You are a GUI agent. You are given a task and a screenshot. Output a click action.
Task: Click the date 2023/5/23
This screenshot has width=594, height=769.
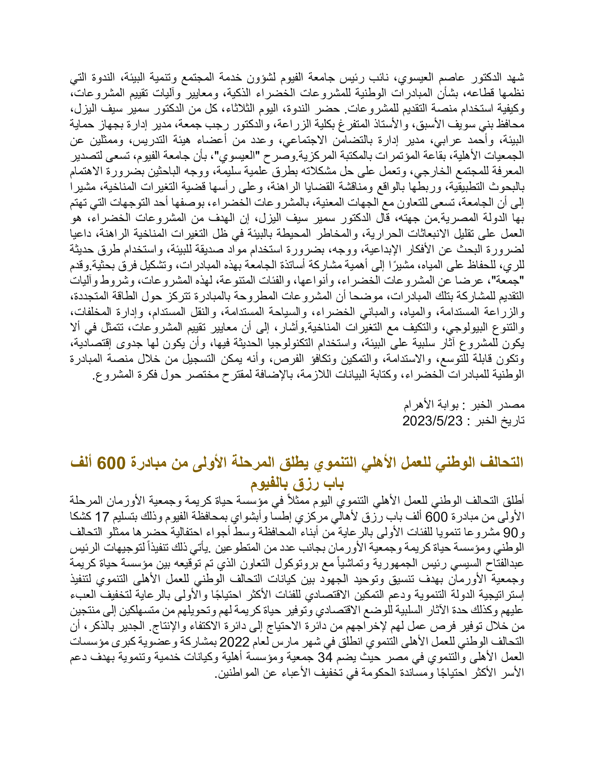tap(432, 421)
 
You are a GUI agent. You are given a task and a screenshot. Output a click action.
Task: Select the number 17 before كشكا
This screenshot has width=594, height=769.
tap(102, 517)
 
